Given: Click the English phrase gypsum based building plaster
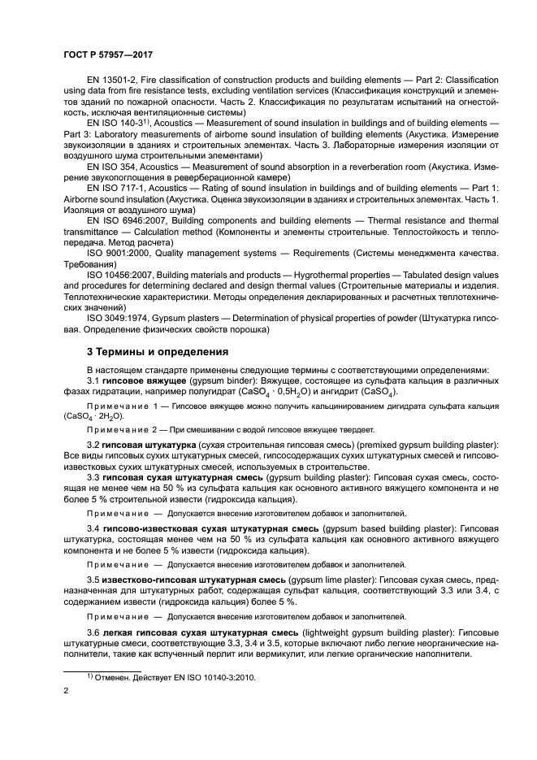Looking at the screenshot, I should tap(365, 528).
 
